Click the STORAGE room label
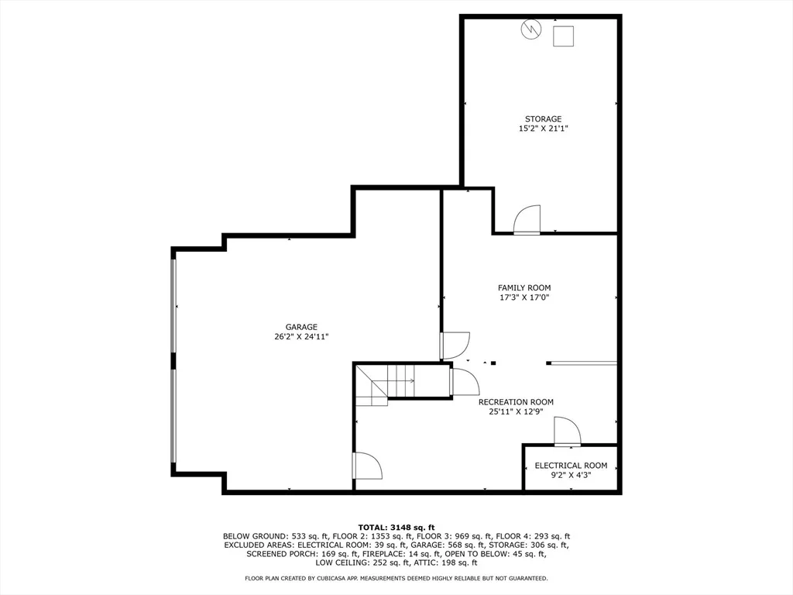pyautogui.click(x=543, y=119)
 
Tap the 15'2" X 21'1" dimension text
pyautogui.click(x=543, y=129)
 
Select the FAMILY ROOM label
pyautogui.click(x=524, y=288)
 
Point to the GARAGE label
pyautogui.click(x=301, y=327)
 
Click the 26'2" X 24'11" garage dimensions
pyautogui.click(x=301, y=336)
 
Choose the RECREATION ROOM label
pyautogui.click(x=516, y=402)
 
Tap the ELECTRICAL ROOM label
pyautogui.click(x=571, y=466)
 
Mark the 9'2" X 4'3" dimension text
pyautogui.click(x=571, y=475)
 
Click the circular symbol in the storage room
pyautogui.click(x=531, y=29)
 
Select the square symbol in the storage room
pyautogui.click(x=563, y=36)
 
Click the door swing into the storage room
pyautogui.click(x=527, y=219)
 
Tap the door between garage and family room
pyautogui.click(x=455, y=346)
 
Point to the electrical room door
pyautogui.click(x=568, y=432)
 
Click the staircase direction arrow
pyautogui.click(x=401, y=381)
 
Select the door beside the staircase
pyautogui.click(x=465, y=381)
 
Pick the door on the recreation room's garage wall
pyautogui.click(x=368, y=466)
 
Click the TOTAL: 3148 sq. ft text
pyautogui.click(x=396, y=528)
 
